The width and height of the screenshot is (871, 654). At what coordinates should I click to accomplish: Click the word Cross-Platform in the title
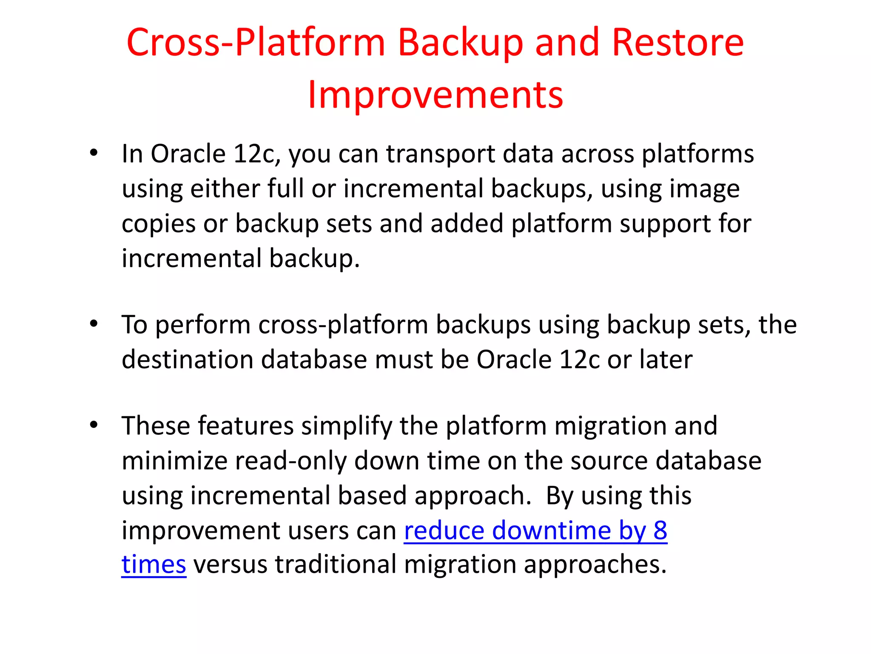256,43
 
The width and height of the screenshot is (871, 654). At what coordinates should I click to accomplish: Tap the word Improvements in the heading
435,95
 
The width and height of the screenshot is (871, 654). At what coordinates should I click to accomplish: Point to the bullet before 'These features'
94,425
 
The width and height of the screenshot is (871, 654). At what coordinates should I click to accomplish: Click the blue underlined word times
154,565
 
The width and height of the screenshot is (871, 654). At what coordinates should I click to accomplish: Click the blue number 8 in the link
660,531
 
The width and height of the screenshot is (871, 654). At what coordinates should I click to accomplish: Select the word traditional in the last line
336,565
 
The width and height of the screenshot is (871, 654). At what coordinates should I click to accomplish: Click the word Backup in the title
461,43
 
